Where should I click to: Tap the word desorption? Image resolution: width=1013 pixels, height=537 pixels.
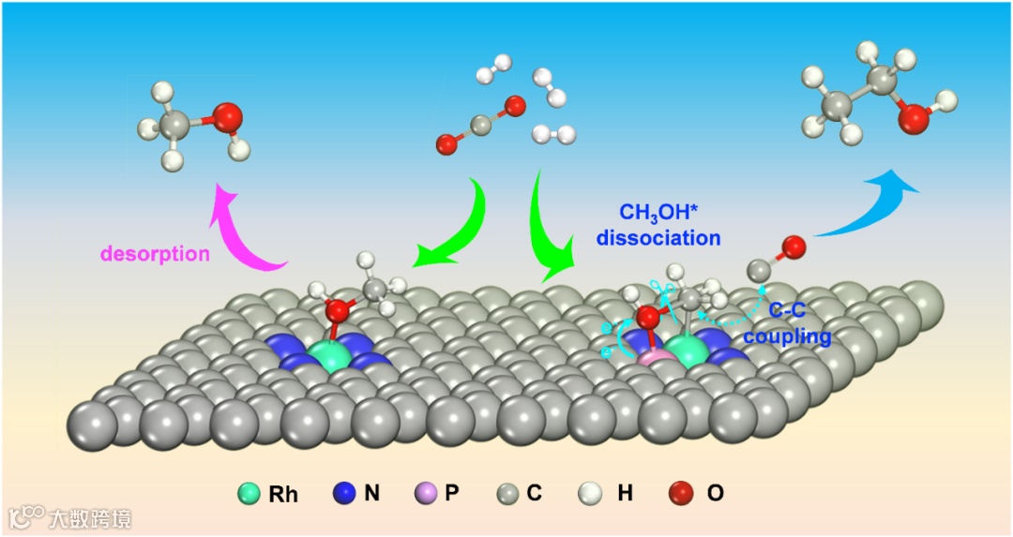(155, 254)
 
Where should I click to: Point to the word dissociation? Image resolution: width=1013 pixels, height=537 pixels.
(661, 238)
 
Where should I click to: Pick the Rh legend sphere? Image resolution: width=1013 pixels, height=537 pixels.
(249, 492)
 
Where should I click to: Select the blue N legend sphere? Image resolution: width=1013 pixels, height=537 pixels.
(344, 492)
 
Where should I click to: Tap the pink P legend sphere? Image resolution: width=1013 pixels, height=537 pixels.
(425, 492)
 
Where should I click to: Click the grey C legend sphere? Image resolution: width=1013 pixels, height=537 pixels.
(506, 492)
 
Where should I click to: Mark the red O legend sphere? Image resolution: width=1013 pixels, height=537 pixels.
(683, 492)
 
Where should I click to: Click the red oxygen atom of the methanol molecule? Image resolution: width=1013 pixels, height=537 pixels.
(226, 118)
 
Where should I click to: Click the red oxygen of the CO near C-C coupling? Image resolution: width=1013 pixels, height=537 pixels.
(794, 248)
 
